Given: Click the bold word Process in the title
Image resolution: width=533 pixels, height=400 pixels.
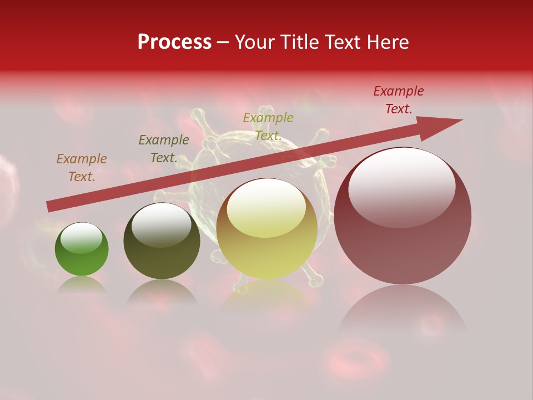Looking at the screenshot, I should click(x=174, y=42).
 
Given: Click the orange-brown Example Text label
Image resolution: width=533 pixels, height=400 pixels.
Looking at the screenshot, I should click(x=82, y=168).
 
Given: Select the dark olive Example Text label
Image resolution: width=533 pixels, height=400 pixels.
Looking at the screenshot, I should click(x=164, y=149).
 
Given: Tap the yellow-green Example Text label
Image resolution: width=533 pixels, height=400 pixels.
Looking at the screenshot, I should click(x=268, y=127).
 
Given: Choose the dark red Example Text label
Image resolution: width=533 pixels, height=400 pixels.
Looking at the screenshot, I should click(x=399, y=100).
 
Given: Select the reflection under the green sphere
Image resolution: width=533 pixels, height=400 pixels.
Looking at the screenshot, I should click(x=82, y=285).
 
